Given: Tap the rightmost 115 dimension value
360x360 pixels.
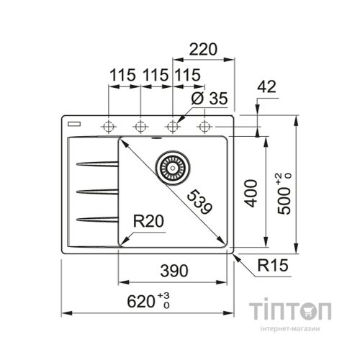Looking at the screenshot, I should [187, 75].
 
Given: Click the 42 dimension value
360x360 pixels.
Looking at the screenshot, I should [266, 87].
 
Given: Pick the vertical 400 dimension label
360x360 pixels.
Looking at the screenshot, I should [249, 192].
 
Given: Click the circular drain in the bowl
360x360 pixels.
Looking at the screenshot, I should [173, 166].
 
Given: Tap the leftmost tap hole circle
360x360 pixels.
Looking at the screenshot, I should [109, 127].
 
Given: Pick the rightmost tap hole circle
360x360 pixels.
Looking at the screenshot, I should [204, 127].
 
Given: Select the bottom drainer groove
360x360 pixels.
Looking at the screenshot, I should [96, 217].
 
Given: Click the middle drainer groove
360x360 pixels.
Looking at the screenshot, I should [96, 191].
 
